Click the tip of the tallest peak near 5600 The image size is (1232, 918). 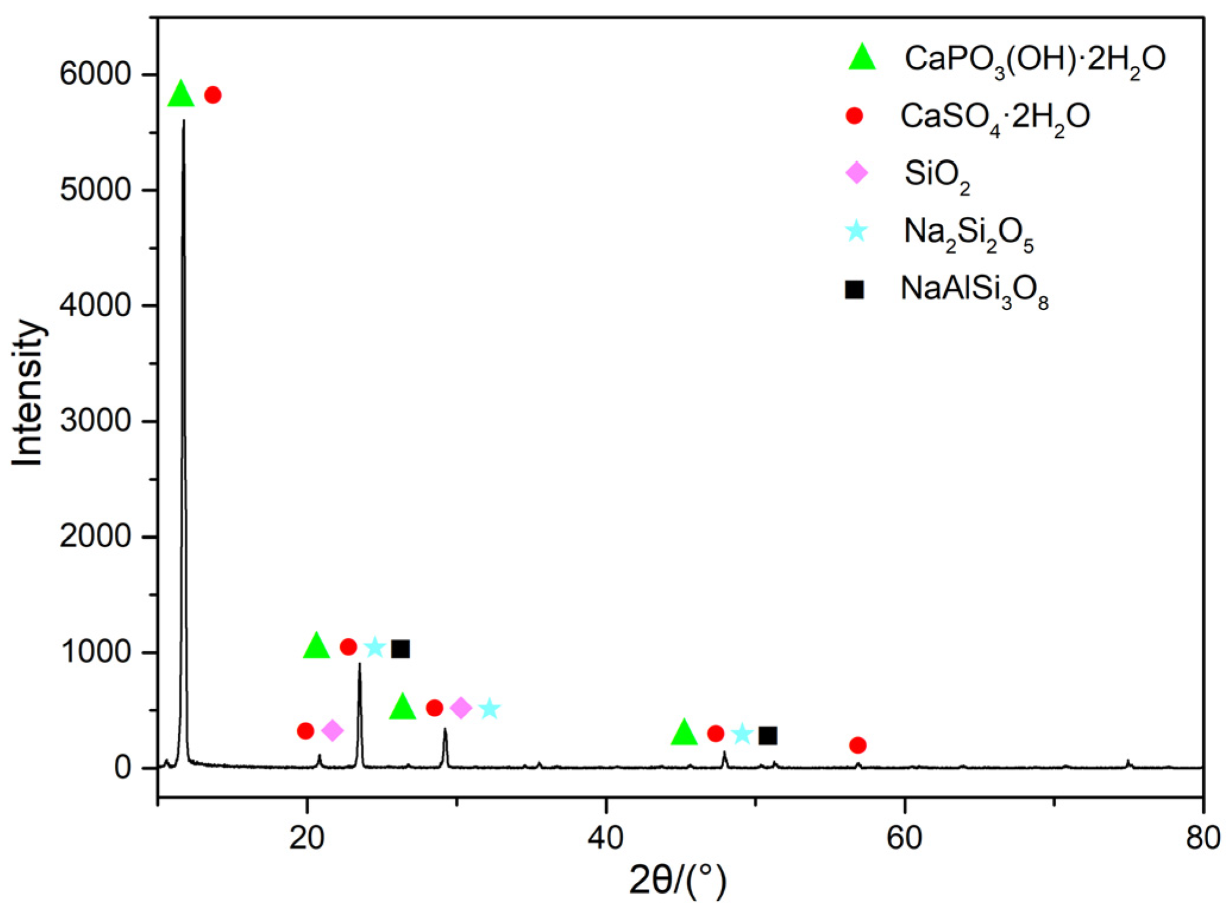(x=184, y=121)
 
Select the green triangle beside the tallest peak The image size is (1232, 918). (x=181, y=94)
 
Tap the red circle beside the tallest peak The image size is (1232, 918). (x=213, y=95)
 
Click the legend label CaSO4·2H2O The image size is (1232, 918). (x=995, y=116)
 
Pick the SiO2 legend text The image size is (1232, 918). (x=936, y=175)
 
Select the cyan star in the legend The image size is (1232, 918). (x=856, y=231)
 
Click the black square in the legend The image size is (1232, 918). (x=854, y=289)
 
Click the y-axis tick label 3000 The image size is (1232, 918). (x=95, y=421)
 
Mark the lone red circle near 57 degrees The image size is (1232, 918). (x=857, y=745)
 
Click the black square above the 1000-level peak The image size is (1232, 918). (x=401, y=649)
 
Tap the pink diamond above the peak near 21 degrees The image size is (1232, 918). (x=332, y=730)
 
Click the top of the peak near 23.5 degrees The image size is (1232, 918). (x=359, y=664)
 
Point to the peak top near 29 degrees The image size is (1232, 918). (x=445, y=730)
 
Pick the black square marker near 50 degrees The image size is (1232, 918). (x=768, y=736)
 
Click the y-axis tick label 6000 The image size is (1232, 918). (x=95, y=75)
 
